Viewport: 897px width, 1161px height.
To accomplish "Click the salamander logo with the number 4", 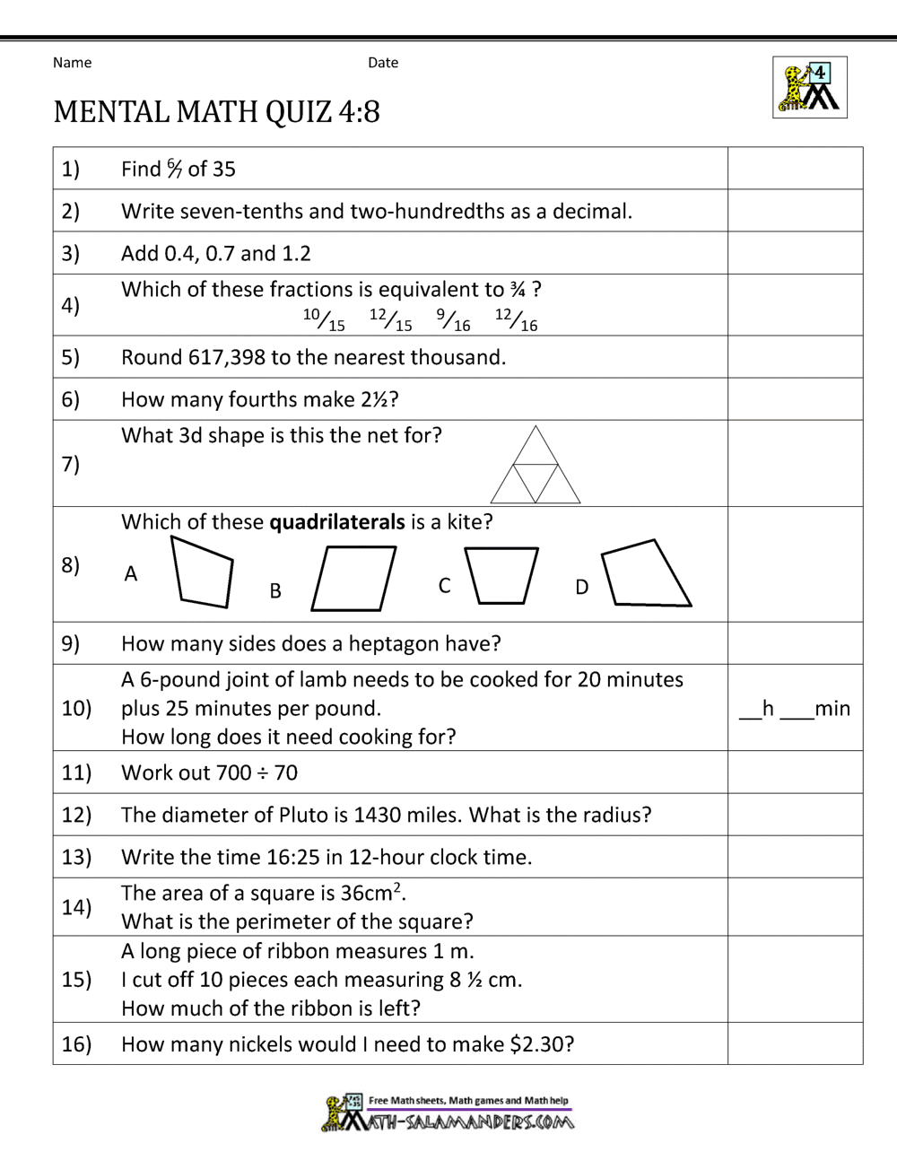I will point(809,87).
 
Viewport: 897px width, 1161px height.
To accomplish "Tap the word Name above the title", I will point(72,63).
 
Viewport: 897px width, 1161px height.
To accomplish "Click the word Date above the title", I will point(383,63).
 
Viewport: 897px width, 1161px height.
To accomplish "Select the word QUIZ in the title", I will point(299,111).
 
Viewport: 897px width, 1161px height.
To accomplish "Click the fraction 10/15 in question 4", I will point(324,319).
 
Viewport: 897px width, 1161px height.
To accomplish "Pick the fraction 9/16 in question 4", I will point(453,319).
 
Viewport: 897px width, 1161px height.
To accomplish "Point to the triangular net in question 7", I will point(536,466).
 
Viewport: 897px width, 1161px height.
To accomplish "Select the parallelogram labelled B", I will point(353,579).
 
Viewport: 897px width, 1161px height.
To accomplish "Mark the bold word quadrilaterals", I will point(337,522).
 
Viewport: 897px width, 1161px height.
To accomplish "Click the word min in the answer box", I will point(832,709).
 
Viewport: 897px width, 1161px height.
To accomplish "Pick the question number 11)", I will point(76,773).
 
